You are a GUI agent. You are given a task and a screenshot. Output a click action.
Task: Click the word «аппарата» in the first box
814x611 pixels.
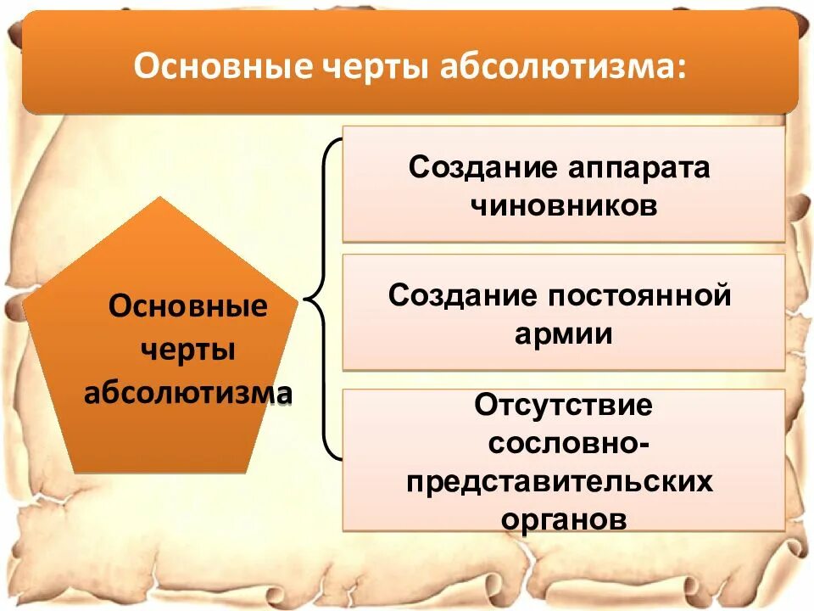634,167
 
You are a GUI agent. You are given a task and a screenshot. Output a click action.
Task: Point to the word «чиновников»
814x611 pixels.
563,206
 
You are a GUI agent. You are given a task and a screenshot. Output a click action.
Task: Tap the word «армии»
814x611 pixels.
563,334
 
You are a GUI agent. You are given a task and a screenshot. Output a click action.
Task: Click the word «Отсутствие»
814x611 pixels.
563,406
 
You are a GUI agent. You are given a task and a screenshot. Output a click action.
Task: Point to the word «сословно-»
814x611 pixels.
561,444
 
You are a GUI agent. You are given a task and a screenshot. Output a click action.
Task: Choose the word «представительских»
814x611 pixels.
560,482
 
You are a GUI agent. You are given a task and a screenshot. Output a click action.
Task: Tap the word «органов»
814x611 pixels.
564,519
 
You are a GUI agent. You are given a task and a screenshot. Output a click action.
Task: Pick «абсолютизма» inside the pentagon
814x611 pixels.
187,394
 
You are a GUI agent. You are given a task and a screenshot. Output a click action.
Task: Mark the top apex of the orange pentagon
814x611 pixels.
160,198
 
